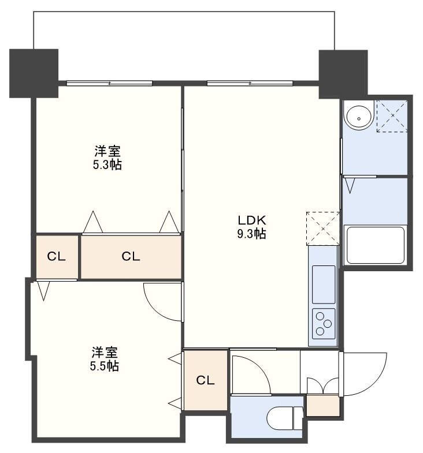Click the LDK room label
click(x=252, y=220)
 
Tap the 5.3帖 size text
click(x=107, y=164)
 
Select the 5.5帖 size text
click(x=104, y=366)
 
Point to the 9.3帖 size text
click(x=252, y=234)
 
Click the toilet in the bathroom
click(x=284, y=418)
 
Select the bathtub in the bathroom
click(x=376, y=245)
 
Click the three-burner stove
click(x=324, y=324)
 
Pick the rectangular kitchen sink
click(x=324, y=284)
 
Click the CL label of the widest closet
click(x=131, y=256)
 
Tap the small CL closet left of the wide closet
click(x=57, y=256)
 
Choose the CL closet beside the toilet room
click(x=205, y=380)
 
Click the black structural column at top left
click(x=34, y=73)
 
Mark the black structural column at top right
click(x=343, y=74)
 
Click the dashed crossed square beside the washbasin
click(x=392, y=116)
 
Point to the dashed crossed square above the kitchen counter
click(x=323, y=229)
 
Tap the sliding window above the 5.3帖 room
click(x=109, y=83)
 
